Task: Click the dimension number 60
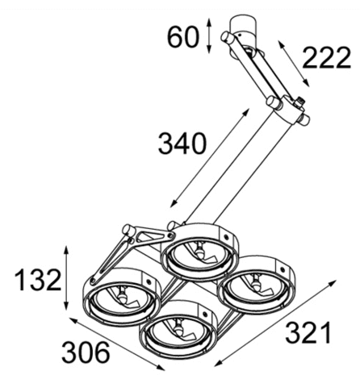(182, 36)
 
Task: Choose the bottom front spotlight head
(176, 331)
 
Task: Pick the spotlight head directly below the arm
(195, 253)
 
